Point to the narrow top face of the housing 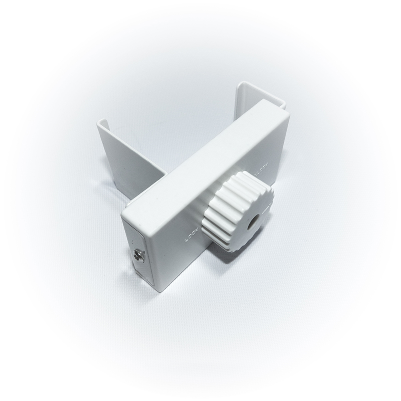[x=200, y=150]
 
